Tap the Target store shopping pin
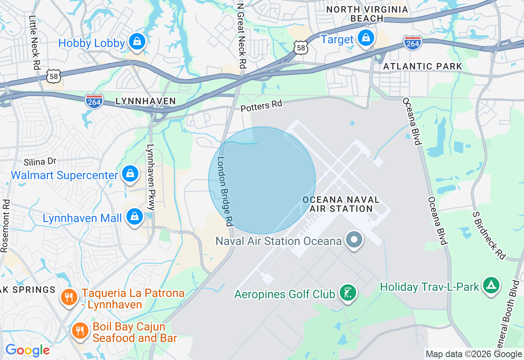(366, 38)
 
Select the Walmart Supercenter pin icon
(130, 174)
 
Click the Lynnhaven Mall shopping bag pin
(134, 217)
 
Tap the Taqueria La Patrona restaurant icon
(69, 297)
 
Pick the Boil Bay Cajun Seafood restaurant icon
(80, 331)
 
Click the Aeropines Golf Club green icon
(348, 293)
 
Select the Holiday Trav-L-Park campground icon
(491, 286)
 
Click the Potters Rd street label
(262, 106)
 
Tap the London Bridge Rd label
(225, 191)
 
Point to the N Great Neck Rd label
(242, 36)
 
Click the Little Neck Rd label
(35, 42)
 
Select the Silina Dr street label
(40, 162)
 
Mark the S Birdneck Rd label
(489, 235)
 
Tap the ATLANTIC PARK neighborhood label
(422, 66)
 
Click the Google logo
(27, 350)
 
